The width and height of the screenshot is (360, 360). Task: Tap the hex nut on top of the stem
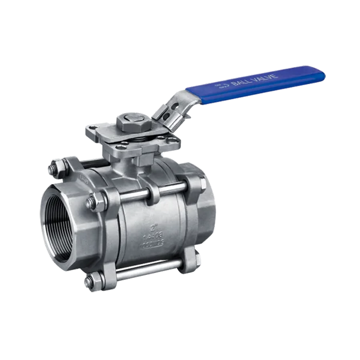point(128,124)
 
